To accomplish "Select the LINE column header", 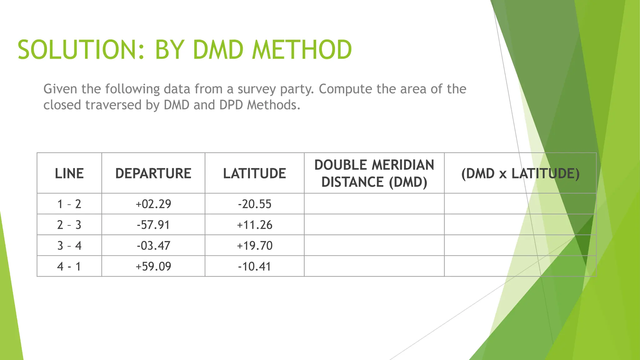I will (69, 173).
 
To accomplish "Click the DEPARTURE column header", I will (153, 173).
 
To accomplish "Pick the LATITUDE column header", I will (254, 173).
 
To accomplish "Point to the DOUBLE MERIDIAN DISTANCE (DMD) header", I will (374, 173).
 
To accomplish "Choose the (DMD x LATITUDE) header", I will (520, 173).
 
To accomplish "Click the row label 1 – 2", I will (69, 204).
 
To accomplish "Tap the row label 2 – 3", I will (69, 225).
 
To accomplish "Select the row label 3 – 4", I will (69, 246).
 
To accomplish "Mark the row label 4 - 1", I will (69, 267).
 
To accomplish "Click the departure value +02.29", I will (153, 204).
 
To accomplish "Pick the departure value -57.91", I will (153, 225).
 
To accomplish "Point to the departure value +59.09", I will (153, 267).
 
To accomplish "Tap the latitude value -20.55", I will (254, 204).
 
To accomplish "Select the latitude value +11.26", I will (254, 225).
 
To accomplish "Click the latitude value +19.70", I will (254, 246).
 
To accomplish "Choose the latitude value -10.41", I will (254, 267).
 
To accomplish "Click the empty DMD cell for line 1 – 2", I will (374, 204).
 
